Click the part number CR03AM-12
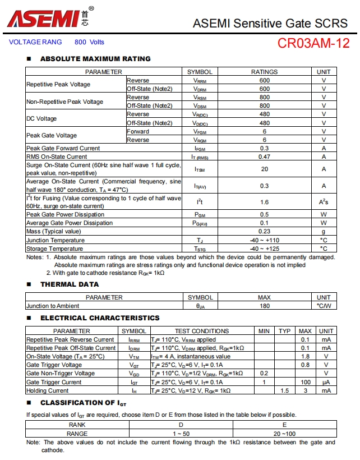point(313,44)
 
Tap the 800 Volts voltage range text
point(89,42)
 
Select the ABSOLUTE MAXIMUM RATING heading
point(95,59)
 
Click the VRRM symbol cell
point(200,80)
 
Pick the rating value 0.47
point(264,157)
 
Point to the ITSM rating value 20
point(264,169)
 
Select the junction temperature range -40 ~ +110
point(264,240)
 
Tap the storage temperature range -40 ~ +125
point(264,249)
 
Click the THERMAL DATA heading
point(70,284)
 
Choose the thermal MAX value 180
point(264,306)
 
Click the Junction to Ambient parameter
point(53,306)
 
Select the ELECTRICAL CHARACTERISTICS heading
point(100,318)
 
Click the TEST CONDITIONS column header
point(201,331)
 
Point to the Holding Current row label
point(48,390)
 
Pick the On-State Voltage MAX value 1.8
point(306,356)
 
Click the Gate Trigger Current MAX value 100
point(306,382)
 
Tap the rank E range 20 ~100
point(284,434)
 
